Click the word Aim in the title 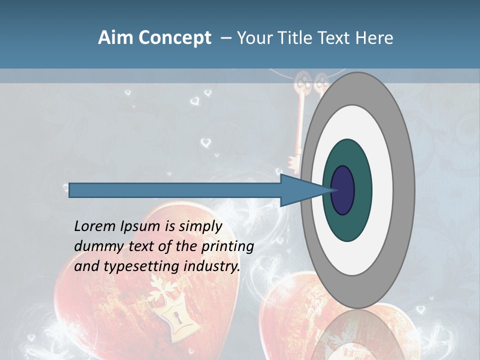tap(116, 38)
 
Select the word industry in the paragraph tap(212, 266)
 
